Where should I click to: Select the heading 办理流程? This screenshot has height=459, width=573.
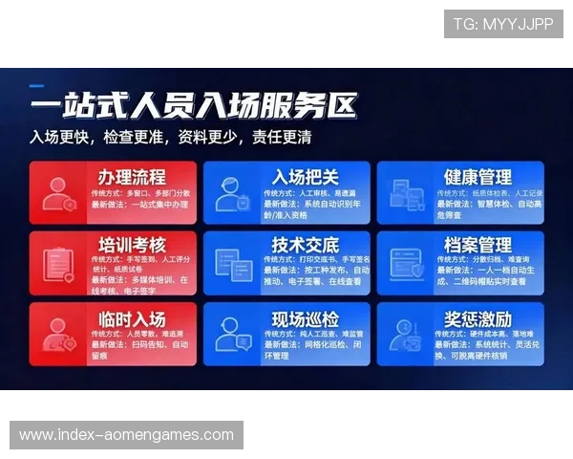pyautogui.click(x=132, y=177)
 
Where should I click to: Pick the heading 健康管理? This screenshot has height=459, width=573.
pyautogui.click(x=477, y=177)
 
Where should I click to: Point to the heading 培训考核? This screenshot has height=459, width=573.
pyautogui.click(x=132, y=244)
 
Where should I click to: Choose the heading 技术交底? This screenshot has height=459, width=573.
pyautogui.click(x=305, y=244)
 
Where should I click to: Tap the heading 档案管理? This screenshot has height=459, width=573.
pyautogui.click(x=477, y=244)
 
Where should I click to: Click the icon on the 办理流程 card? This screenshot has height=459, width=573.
pyautogui.click(x=59, y=194)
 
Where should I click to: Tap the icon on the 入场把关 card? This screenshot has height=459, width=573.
pyautogui.click(x=232, y=194)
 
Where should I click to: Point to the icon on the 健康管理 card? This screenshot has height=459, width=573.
pyautogui.click(x=406, y=194)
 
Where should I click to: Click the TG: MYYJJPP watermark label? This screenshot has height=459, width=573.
pyautogui.click(x=503, y=24)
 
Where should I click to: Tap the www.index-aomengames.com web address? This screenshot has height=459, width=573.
pyautogui.click(x=126, y=435)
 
